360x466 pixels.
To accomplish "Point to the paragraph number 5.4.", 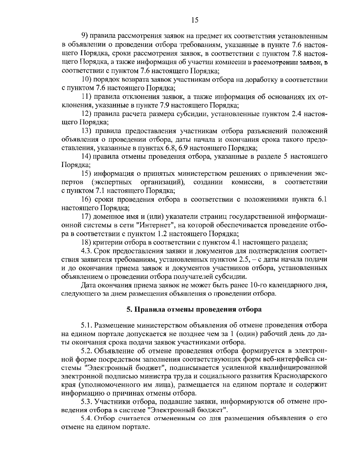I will click(x=86, y=418).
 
